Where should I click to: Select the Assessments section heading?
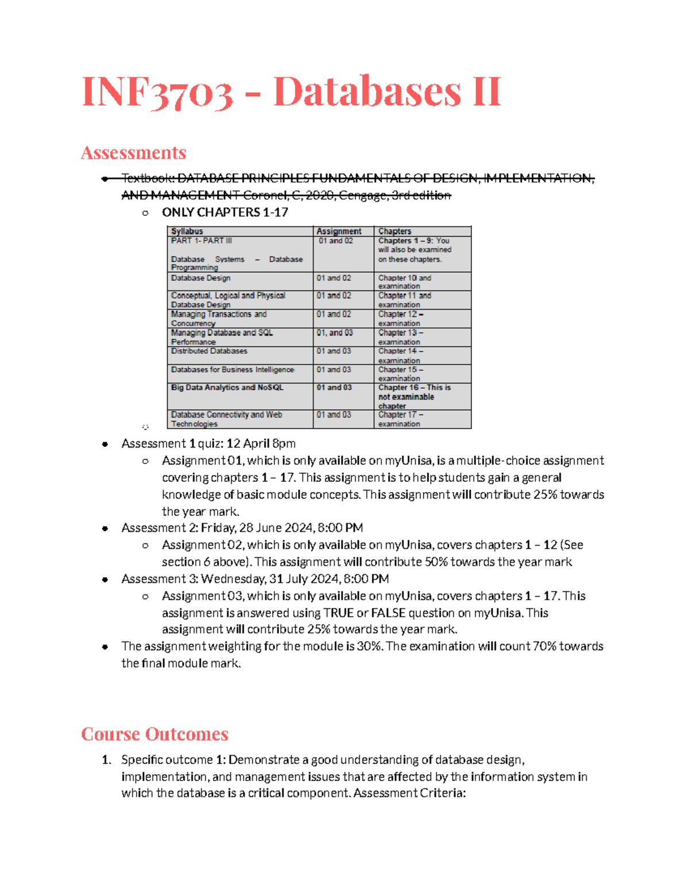click(133, 153)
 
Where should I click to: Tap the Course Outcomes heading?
click(154, 734)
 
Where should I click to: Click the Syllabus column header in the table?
click(187, 231)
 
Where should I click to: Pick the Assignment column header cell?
click(339, 231)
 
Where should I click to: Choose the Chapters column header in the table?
click(394, 231)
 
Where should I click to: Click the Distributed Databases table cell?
click(209, 351)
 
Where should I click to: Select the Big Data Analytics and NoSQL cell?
click(227, 388)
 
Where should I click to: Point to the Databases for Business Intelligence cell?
click(233, 370)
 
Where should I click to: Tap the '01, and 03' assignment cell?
click(335, 333)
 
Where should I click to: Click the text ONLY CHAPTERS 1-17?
click(225, 213)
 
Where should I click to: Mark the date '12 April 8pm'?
click(261, 443)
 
